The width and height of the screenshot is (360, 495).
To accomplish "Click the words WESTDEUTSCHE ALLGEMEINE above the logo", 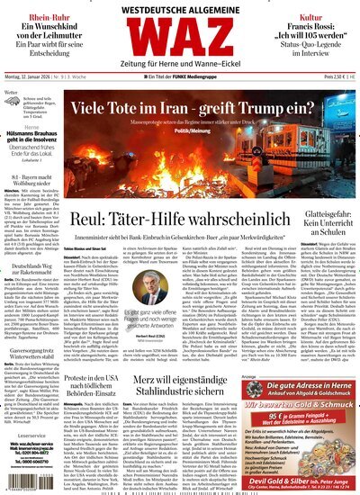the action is click(x=179, y=9).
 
